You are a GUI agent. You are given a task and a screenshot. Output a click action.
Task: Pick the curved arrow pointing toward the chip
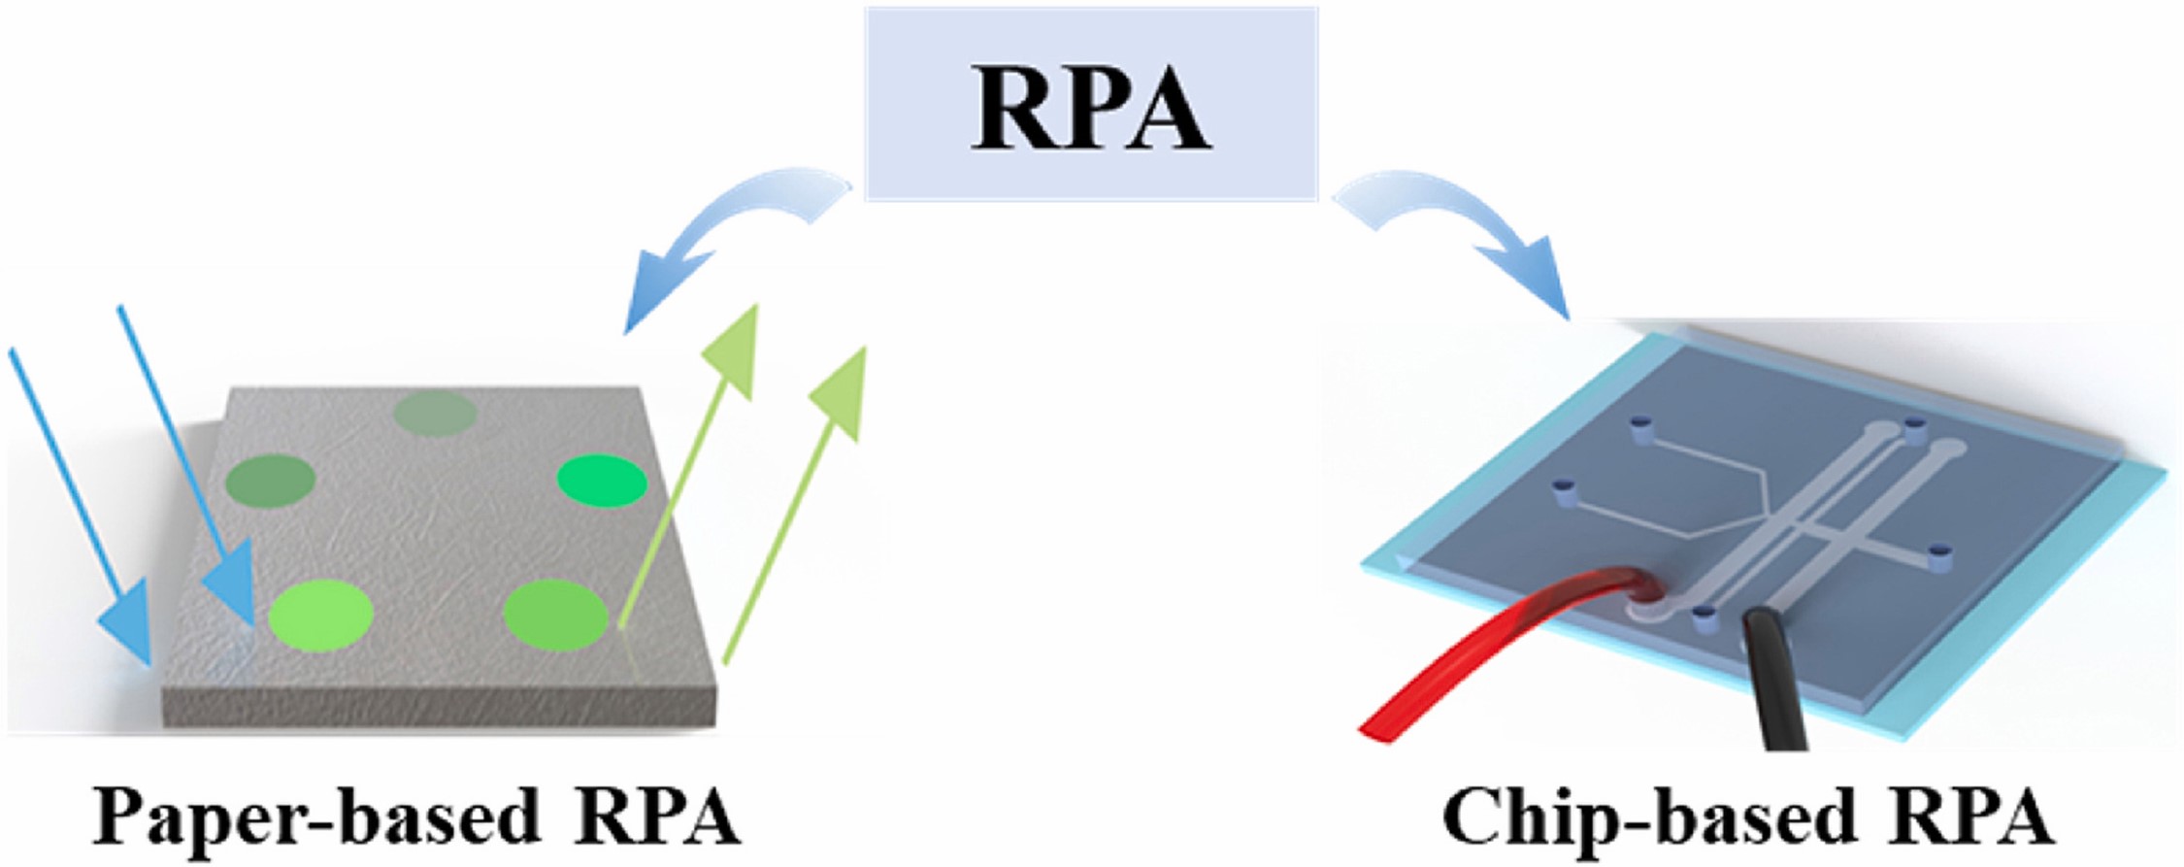tap(1456, 233)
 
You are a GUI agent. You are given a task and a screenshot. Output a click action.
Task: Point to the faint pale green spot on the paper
tap(435, 415)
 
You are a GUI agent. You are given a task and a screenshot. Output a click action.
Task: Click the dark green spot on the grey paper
tap(270, 478)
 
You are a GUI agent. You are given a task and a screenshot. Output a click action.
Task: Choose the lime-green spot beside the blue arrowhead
tap(320, 615)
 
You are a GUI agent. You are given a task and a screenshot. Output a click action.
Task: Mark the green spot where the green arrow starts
tap(555, 615)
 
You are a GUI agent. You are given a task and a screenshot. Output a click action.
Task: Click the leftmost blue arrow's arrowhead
tap(126, 621)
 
